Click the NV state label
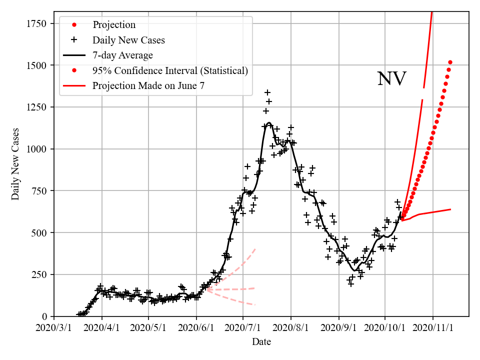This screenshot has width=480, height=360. (x=391, y=79)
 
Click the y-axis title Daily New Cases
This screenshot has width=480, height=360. (x=15, y=164)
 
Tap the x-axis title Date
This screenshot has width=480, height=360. (x=261, y=342)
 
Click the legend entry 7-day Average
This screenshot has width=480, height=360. (x=122, y=55)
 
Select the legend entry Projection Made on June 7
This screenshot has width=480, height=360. (x=148, y=86)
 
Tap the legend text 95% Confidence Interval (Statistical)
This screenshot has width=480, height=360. (x=170, y=70)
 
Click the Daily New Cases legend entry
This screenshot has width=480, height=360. (x=128, y=39)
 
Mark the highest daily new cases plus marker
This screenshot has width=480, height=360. (x=267, y=92)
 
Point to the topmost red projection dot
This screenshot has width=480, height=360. (x=450, y=62)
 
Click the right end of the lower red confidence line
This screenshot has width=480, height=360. (x=451, y=209)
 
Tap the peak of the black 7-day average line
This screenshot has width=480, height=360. (x=269, y=122)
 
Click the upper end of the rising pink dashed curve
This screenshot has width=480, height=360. (x=255, y=248)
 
